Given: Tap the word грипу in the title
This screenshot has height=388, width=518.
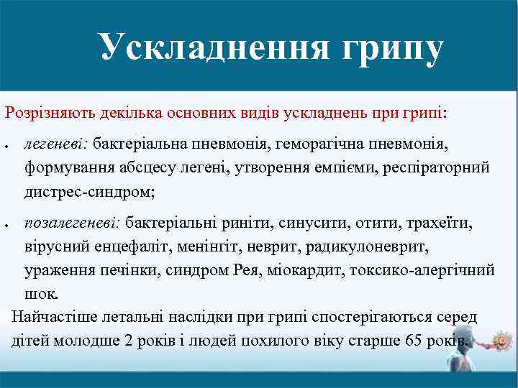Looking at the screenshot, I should (x=383, y=49).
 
